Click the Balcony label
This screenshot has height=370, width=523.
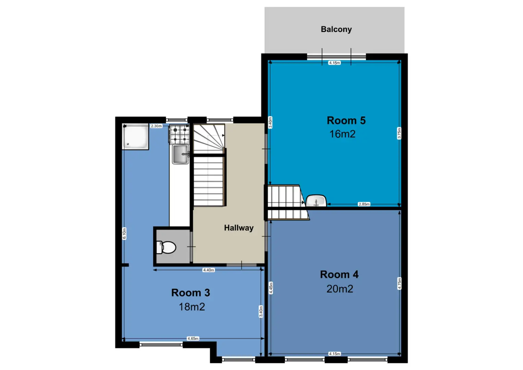(336, 29)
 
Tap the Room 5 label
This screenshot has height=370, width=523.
(346, 121)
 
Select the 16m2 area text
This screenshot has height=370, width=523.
(342, 134)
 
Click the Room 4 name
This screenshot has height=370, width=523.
(339, 274)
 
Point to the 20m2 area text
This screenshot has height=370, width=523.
(340, 289)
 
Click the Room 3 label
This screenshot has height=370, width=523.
(190, 293)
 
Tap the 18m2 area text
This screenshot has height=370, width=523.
(192, 307)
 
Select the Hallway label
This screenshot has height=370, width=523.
(239, 228)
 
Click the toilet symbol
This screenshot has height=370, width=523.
(166, 247)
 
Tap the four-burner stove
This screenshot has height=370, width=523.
(179, 135)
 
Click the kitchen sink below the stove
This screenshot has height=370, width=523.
(180, 154)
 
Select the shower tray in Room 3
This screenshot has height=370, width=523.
(135, 136)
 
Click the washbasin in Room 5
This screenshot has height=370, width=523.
(316, 201)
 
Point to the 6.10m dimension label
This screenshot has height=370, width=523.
(124, 234)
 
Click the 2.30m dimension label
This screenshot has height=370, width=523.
(156, 126)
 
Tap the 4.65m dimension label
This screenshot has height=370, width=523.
(193, 338)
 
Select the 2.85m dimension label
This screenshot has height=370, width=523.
(364, 204)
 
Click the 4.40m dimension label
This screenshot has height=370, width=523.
(209, 270)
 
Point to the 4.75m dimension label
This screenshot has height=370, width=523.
(399, 283)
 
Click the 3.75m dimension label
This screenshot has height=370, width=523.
(399, 133)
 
